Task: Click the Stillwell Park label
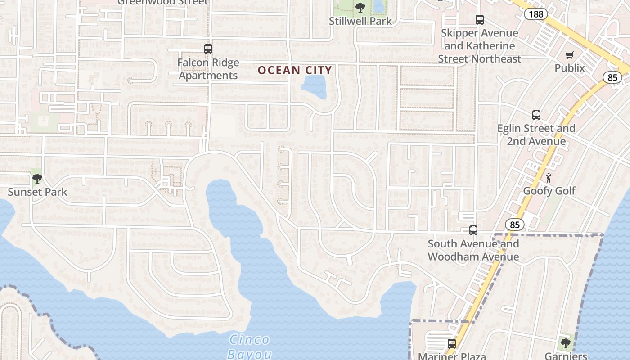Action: point(360,21)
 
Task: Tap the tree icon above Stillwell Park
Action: point(360,7)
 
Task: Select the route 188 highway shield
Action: point(535,14)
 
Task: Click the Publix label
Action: point(569,68)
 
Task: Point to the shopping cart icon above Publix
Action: point(570,55)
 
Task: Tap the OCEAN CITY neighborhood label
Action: point(295,70)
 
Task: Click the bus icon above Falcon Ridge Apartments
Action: point(208,49)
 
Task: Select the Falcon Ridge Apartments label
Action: point(208,69)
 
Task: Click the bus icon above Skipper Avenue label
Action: point(480,20)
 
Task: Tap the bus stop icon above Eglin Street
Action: point(536,115)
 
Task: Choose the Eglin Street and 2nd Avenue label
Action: point(536,135)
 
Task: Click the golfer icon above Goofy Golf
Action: point(549,177)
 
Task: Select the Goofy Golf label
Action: point(549,191)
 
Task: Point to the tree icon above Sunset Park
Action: point(37,179)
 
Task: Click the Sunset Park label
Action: point(37,192)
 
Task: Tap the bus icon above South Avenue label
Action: point(473,230)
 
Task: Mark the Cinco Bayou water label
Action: point(249,346)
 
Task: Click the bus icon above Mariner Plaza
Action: point(452,344)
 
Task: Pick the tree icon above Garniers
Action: point(566,343)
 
